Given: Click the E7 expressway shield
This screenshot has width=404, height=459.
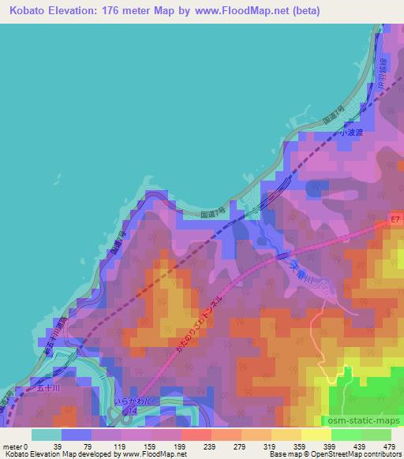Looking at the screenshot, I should point(395,214).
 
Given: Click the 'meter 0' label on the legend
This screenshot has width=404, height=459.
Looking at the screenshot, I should point(16,446).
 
